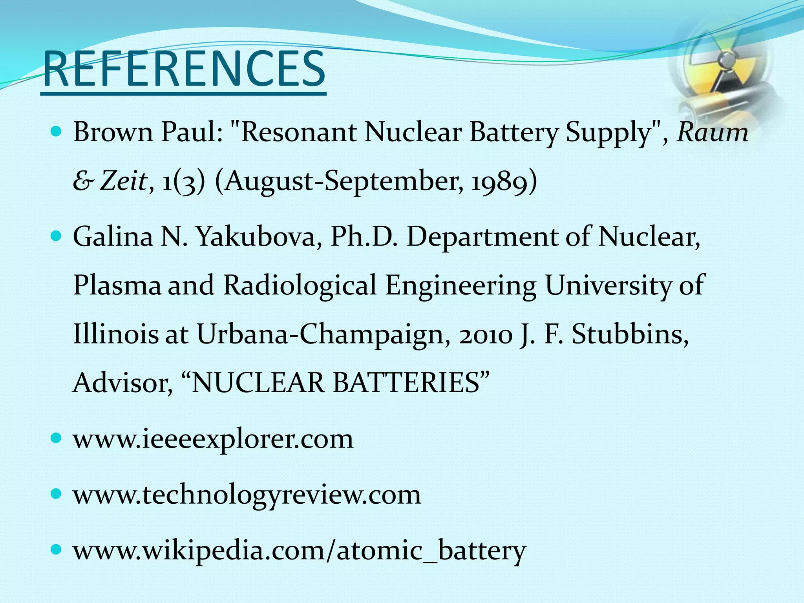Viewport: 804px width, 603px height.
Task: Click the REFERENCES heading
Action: tap(184, 70)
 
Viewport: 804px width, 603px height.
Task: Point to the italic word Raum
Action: tap(713, 133)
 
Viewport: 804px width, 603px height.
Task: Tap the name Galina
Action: tap(113, 237)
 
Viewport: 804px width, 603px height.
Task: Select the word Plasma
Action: tap(117, 285)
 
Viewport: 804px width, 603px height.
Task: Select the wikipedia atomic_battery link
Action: tap(299, 550)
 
